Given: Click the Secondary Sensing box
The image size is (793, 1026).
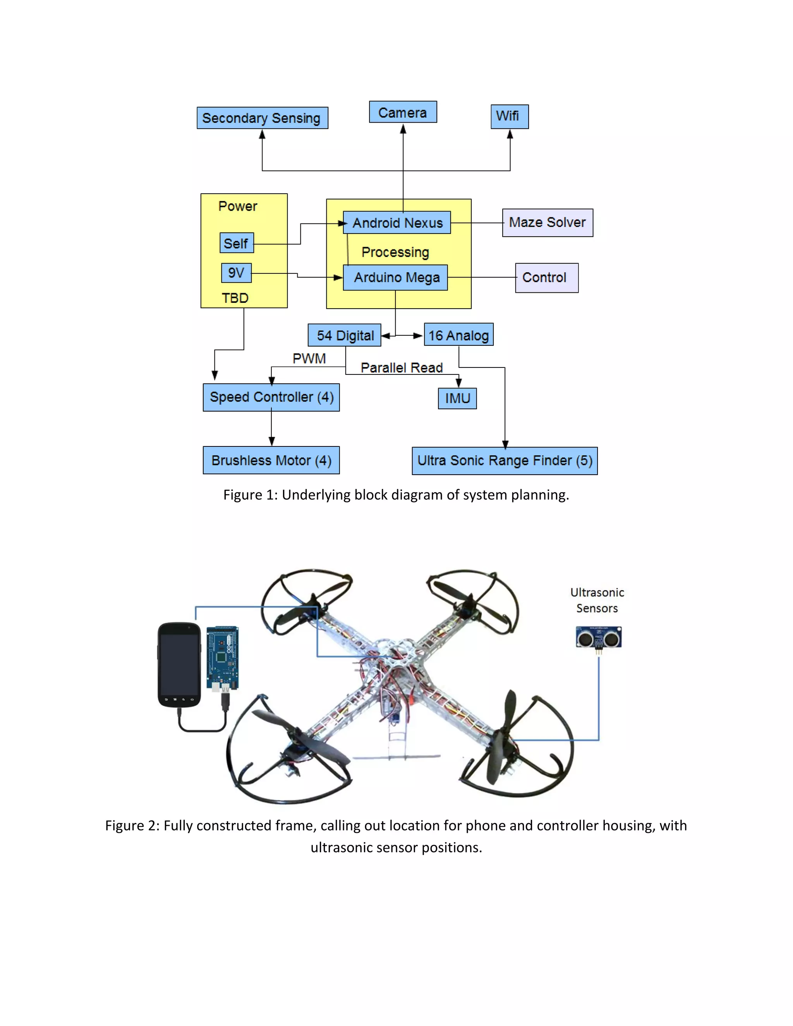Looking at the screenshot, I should (262, 118).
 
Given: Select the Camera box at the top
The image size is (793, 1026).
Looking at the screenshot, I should (403, 112).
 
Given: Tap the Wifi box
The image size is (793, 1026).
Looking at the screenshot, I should (509, 117).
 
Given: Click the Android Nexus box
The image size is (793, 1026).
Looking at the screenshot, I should (397, 223).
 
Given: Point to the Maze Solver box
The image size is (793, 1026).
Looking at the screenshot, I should (547, 223).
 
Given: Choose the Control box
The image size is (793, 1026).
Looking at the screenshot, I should (546, 278).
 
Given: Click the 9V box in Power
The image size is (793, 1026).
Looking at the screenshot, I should (236, 273).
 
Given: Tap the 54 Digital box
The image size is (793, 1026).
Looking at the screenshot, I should (344, 335).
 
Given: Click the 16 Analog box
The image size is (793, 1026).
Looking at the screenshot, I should (458, 335).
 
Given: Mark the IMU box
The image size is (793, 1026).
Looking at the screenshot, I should (457, 398).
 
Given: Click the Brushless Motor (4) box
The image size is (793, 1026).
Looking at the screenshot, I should (271, 460).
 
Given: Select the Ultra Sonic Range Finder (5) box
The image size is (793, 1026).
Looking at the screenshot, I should (505, 461).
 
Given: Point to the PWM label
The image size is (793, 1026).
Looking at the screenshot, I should (309, 359).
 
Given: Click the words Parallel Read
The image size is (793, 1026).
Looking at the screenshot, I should (401, 367).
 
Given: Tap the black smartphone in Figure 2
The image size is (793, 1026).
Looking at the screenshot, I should (179, 665).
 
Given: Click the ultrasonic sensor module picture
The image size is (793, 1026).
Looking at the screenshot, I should (599, 638).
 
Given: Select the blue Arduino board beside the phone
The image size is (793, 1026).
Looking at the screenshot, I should (223, 658).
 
